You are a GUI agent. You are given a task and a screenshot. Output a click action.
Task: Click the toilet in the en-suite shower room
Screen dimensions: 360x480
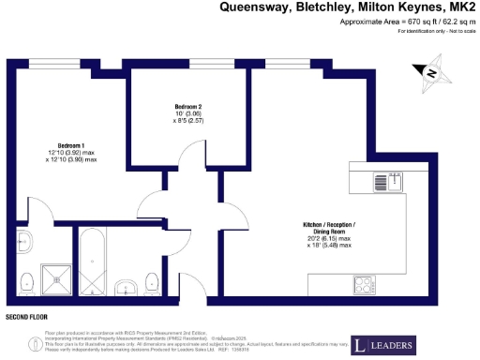point(26,277)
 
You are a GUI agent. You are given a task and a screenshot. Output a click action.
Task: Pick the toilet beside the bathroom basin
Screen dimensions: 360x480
point(152,279)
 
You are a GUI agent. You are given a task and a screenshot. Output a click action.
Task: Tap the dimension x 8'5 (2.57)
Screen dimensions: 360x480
point(188,121)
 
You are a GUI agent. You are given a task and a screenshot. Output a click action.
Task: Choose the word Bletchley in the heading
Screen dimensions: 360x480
point(322,7)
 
